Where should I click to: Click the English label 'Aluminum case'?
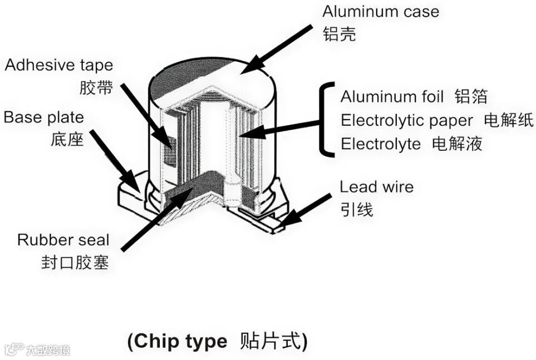(381, 11)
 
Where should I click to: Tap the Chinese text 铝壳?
(339, 34)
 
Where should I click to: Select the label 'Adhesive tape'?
(59, 65)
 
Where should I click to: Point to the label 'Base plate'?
(44, 117)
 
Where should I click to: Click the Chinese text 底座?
(67, 139)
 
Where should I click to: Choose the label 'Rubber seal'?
(63, 240)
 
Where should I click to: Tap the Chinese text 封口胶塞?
(75, 262)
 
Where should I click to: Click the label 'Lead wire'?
(377, 186)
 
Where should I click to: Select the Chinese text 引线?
(356, 209)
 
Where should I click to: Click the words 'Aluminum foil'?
(392, 96)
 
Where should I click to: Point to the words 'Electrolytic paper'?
(407, 120)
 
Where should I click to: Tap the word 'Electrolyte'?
(381, 144)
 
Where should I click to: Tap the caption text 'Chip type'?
(178, 341)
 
